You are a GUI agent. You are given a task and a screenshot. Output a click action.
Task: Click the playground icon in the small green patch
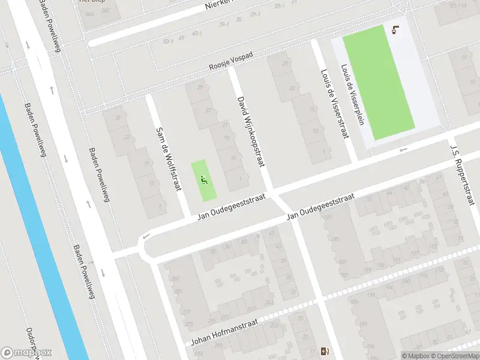tap(204, 179)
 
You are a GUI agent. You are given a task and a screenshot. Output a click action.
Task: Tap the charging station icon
tap(325, 352)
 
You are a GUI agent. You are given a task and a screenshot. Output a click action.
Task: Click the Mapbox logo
tap(26, 352)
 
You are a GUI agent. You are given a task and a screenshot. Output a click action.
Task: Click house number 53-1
tap(167, 41)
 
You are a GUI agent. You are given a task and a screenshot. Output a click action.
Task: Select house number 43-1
tap(196, 33)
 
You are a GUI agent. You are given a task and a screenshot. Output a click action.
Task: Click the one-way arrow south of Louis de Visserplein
tap(403, 149)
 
